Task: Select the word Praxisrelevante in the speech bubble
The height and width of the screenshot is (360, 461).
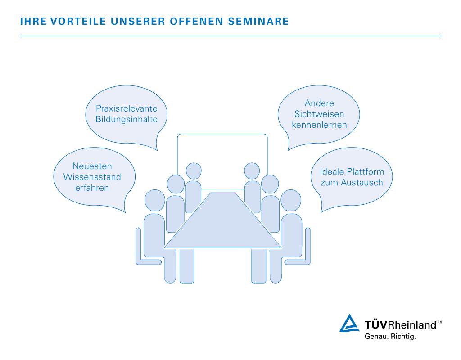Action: click(127, 109)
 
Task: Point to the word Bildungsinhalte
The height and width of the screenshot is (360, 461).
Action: click(127, 120)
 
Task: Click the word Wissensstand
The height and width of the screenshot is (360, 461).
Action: click(92, 177)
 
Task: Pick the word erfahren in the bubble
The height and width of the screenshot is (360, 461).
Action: click(92, 188)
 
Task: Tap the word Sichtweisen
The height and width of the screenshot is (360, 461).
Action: click(319, 114)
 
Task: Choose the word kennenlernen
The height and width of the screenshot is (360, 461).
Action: click(319, 125)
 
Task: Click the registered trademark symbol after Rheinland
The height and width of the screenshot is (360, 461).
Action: click(439, 322)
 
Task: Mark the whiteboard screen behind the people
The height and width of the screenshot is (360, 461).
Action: click(222, 153)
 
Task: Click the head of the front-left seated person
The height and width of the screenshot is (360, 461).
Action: click(154, 201)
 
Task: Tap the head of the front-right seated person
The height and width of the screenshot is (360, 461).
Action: click(291, 201)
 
